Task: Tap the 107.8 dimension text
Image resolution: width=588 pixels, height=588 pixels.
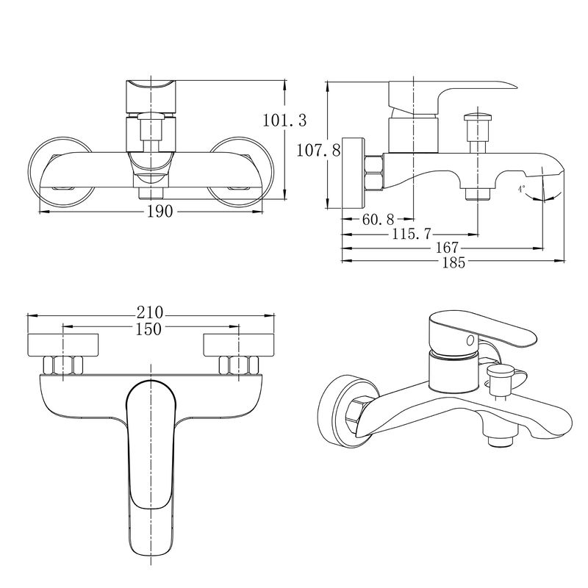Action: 318,151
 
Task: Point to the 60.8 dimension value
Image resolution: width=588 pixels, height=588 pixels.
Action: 378,219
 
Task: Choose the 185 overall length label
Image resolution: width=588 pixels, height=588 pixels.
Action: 453,262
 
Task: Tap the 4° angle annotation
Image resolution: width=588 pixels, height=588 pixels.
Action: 521,189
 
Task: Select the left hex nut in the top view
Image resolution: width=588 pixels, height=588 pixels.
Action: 63,365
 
